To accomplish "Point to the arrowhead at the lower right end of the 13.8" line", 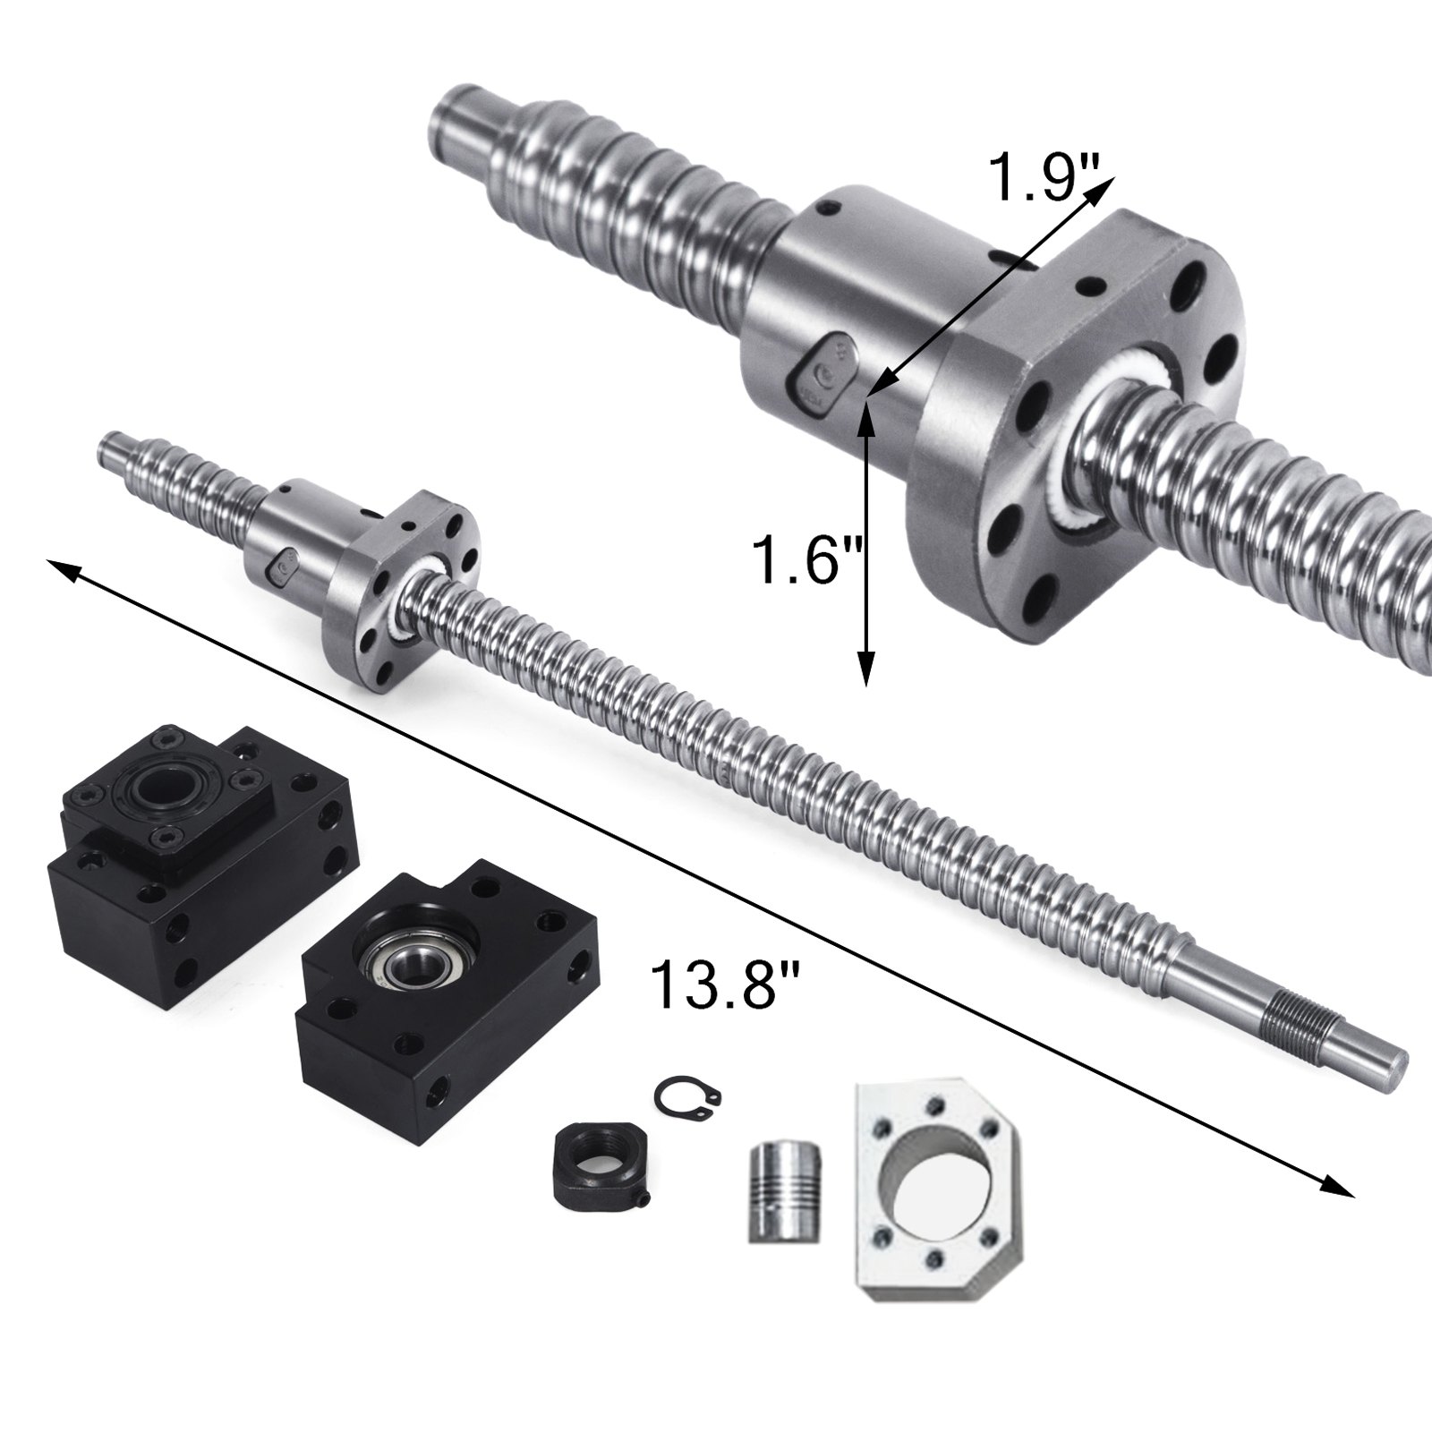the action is [1338, 1186].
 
